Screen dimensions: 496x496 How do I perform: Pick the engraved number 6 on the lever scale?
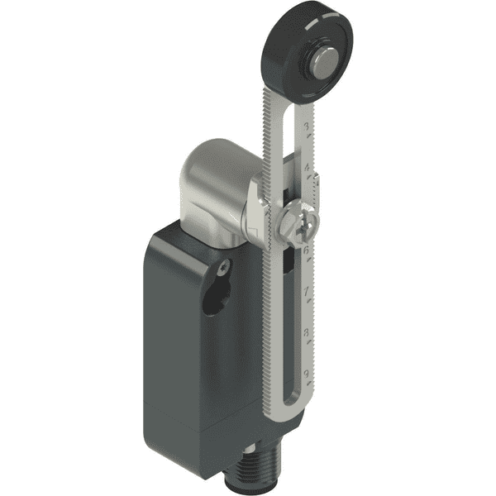(x=308, y=248)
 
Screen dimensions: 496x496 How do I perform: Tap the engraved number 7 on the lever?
(x=308, y=291)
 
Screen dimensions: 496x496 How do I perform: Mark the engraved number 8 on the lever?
(x=308, y=333)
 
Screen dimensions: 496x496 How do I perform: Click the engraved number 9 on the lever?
(x=308, y=374)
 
